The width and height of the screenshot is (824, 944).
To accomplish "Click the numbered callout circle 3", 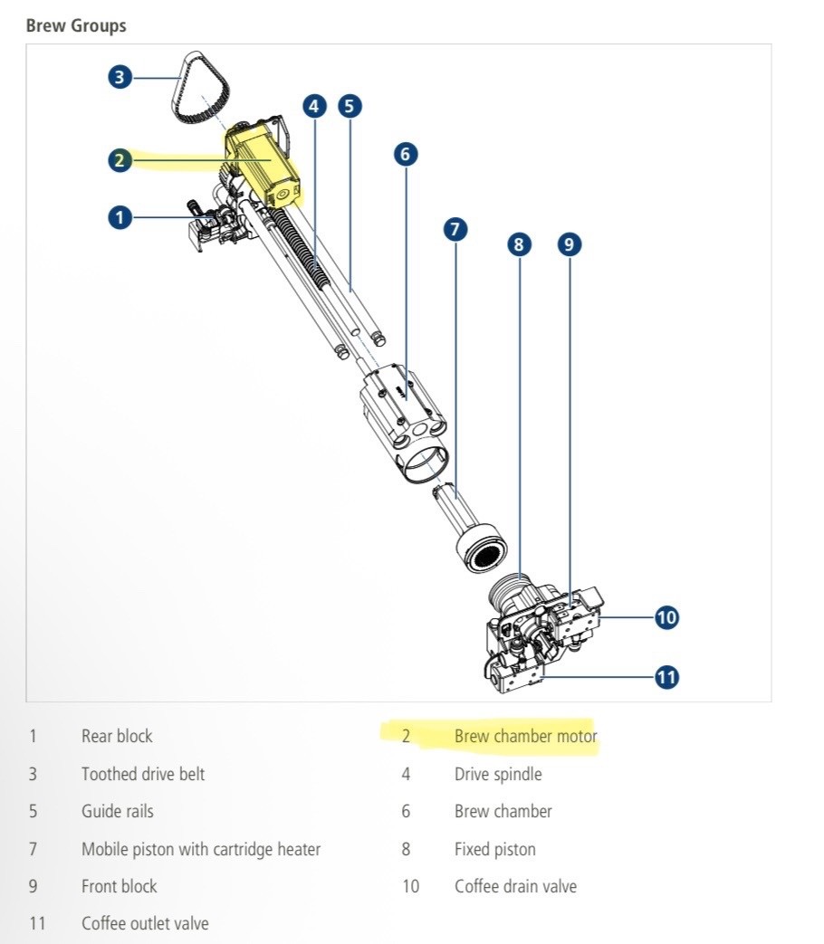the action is (120, 77).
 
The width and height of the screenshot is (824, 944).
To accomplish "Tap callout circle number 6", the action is (406, 154).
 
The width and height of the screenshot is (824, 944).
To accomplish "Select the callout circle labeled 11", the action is (666, 677).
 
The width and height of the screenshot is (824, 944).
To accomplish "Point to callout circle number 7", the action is (455, 229).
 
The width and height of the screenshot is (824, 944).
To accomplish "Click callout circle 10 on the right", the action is (666, 617).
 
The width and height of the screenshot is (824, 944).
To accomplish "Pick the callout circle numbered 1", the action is (120, 217).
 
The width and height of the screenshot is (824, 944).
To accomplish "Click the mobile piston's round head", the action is (482, 549).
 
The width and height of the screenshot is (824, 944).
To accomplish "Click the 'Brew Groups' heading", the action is (76, 26).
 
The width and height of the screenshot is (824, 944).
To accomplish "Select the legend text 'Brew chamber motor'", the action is (526, 737).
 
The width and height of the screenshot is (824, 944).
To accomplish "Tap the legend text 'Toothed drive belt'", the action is (143, 774).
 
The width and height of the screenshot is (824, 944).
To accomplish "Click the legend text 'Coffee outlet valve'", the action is (145, 923).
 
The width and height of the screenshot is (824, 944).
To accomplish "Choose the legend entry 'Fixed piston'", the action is (495, 849).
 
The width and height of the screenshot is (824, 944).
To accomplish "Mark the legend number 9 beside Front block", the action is (34, 886).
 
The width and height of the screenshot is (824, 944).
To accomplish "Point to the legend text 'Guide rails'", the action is (118, 811).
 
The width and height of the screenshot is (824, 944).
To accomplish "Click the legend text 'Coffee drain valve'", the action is (515, 886).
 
